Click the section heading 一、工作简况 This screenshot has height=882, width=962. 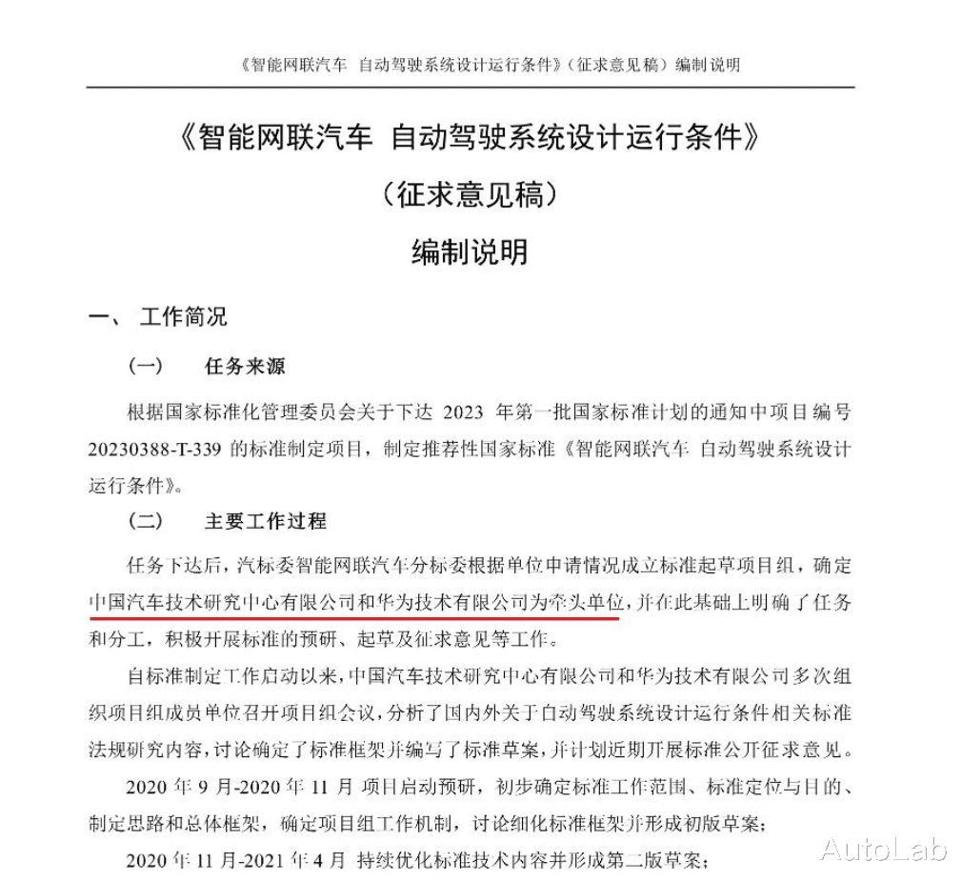click(157, 317)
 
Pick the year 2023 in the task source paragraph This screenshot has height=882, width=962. click(465, 412)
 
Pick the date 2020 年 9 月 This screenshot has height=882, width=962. click(170, 787)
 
